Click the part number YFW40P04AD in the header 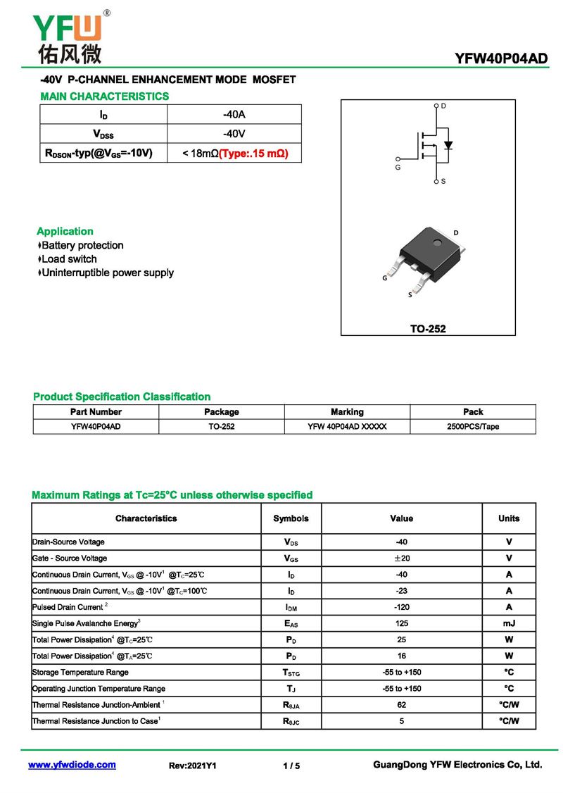click(x=501, y=59)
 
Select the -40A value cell click(x=234, y=114)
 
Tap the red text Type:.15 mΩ click(x=254, y=153)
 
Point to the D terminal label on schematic click(x=443, y=106)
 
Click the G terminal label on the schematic click(x=398, y=168)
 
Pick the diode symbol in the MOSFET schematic click(x=448, y=146)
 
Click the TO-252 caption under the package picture click(x=428, y=328)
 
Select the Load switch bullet click(x=69, y=259)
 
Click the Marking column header click(x=347, y=412)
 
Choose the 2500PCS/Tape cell click(x=473, y=427)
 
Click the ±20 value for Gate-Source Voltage click(x=401, y=558)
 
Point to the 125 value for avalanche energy click(x=401, y=623)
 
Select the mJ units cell click(x=509, y=623)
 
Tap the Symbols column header click(x=291, y=518)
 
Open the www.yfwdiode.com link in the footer click(x=72, y=765)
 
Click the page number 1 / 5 click(x=291, y=766)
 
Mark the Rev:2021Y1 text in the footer click(x=192, y=766)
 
